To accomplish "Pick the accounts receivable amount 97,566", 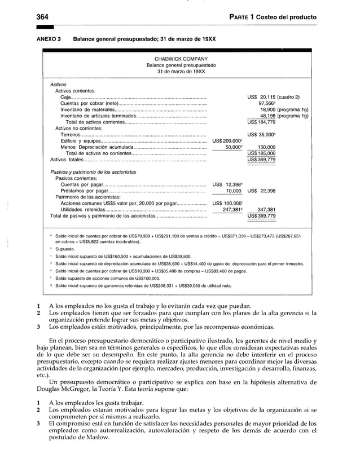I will (267, 103).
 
